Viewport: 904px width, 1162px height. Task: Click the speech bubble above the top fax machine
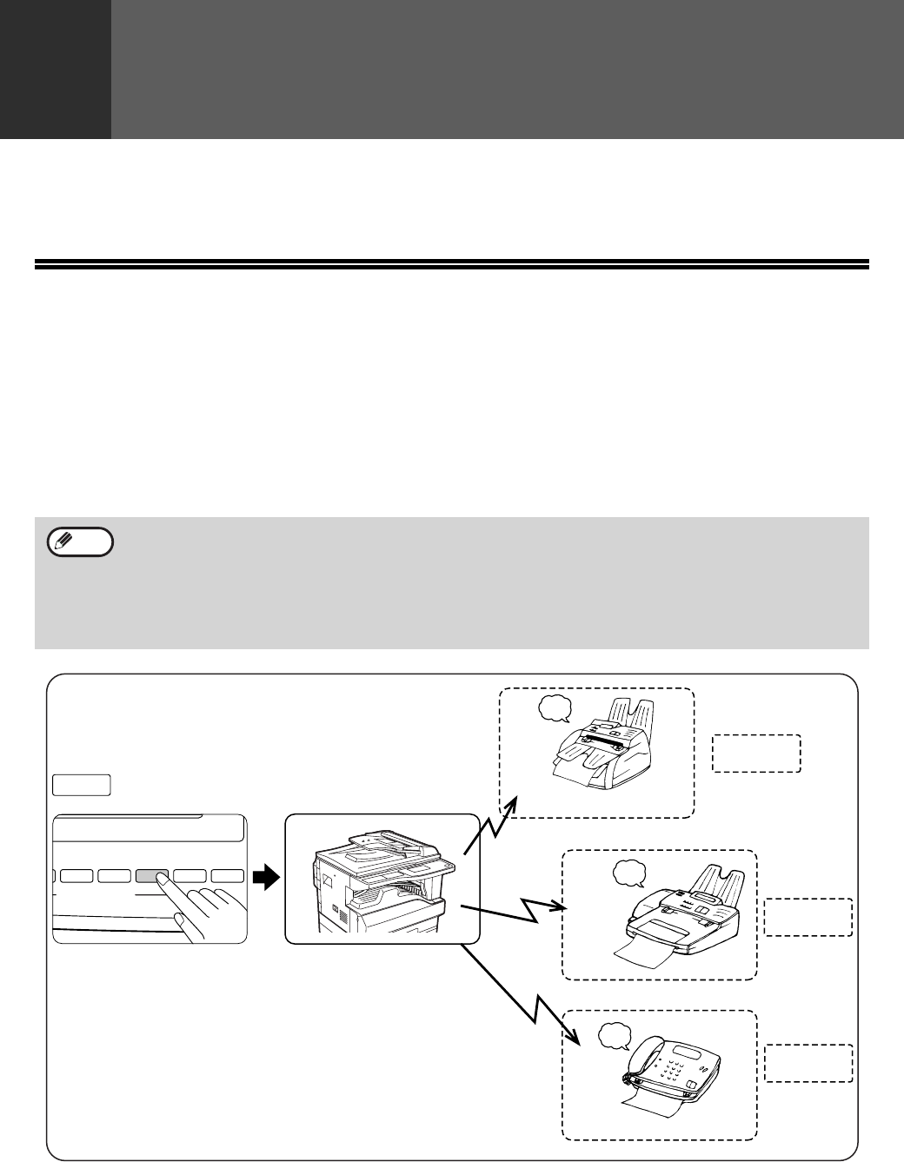553,710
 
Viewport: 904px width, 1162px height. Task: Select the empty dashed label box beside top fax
756,754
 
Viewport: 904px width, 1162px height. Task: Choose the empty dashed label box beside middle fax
808,918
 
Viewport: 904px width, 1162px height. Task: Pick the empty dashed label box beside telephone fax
808,1063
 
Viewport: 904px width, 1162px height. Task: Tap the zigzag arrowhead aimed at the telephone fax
574,1036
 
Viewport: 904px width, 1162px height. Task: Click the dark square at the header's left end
55,69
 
